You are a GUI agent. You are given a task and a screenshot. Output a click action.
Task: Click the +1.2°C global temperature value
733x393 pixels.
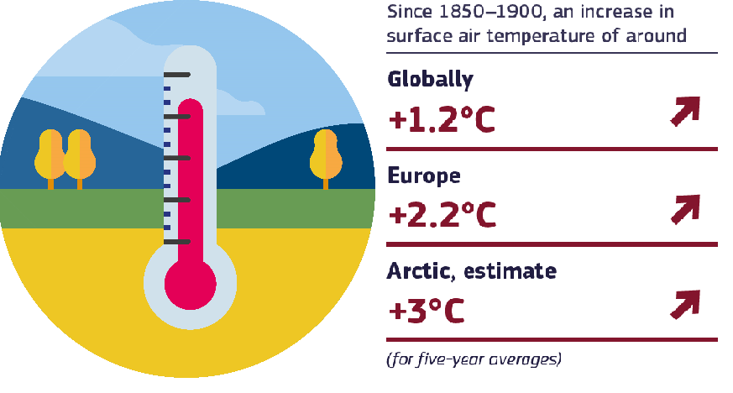coord(442,118)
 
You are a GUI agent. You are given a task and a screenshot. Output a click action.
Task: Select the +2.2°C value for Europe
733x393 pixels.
coord(442,214)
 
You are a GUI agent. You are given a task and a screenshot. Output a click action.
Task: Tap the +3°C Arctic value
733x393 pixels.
coord(427,310)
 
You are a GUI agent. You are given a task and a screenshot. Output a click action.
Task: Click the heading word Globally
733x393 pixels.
coord(430,80)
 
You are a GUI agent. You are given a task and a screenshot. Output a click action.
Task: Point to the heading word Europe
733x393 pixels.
coord(424,176)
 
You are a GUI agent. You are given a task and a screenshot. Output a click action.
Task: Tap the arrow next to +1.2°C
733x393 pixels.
coord(685,111)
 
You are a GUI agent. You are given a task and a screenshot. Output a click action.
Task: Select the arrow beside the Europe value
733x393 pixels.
coord(685,209)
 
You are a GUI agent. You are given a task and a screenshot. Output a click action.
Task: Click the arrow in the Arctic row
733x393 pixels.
coord(685,305)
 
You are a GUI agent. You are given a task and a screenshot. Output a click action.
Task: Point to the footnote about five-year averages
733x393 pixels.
coord(474,359)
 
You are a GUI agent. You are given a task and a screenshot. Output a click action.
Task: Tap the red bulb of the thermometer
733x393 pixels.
coord(191,284)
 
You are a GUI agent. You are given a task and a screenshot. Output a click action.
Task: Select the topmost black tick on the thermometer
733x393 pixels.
coord(176,75)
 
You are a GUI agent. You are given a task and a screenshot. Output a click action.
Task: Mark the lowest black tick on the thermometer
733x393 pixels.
coord(176,242)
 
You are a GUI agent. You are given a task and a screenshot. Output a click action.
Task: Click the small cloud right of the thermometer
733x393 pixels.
coord(241,104)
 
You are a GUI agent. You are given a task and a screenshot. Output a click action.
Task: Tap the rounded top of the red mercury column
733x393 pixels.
coord(191,104)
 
